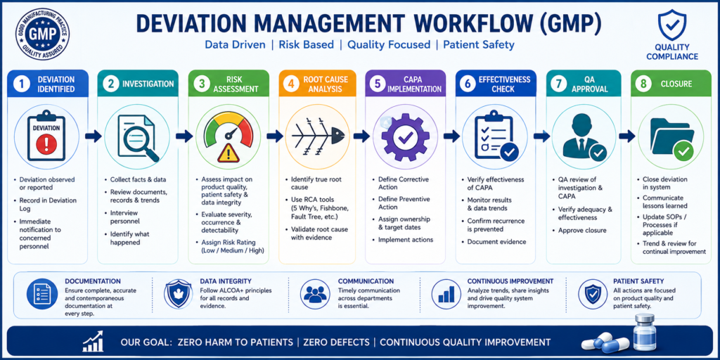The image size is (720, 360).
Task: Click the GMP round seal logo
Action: pyautogui.click(x=43, y=35)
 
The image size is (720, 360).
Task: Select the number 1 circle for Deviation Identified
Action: pyautogui.click(x=20, y=84)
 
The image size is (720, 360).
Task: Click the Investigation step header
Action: pyautogui.click(x=139, y=84)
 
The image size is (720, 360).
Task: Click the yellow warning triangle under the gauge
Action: pyautogui.click(x=229, y=152)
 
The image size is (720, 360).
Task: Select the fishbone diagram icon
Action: pyautogui.click(x=319, y=136)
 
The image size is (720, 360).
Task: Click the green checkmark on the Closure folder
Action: pyautogui.click(x=683, y=150)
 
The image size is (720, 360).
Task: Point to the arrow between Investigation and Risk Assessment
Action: pyautogui.click(x=184, y=136)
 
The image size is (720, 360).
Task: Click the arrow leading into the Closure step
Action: pyautogui.click(x=626, y=136)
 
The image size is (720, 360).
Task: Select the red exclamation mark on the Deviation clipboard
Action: pyautogui.click(x=46, y=145)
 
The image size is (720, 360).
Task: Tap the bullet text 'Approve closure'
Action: pyautogui.click(x=582, y=231)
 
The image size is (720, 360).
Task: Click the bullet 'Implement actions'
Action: pyautogui.click(x=406, y=240)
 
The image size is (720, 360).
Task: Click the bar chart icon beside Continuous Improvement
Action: pyautogui.click(x=446, y=294)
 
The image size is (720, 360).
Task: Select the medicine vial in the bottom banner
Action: pyautogui.click(x=643, y=333)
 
